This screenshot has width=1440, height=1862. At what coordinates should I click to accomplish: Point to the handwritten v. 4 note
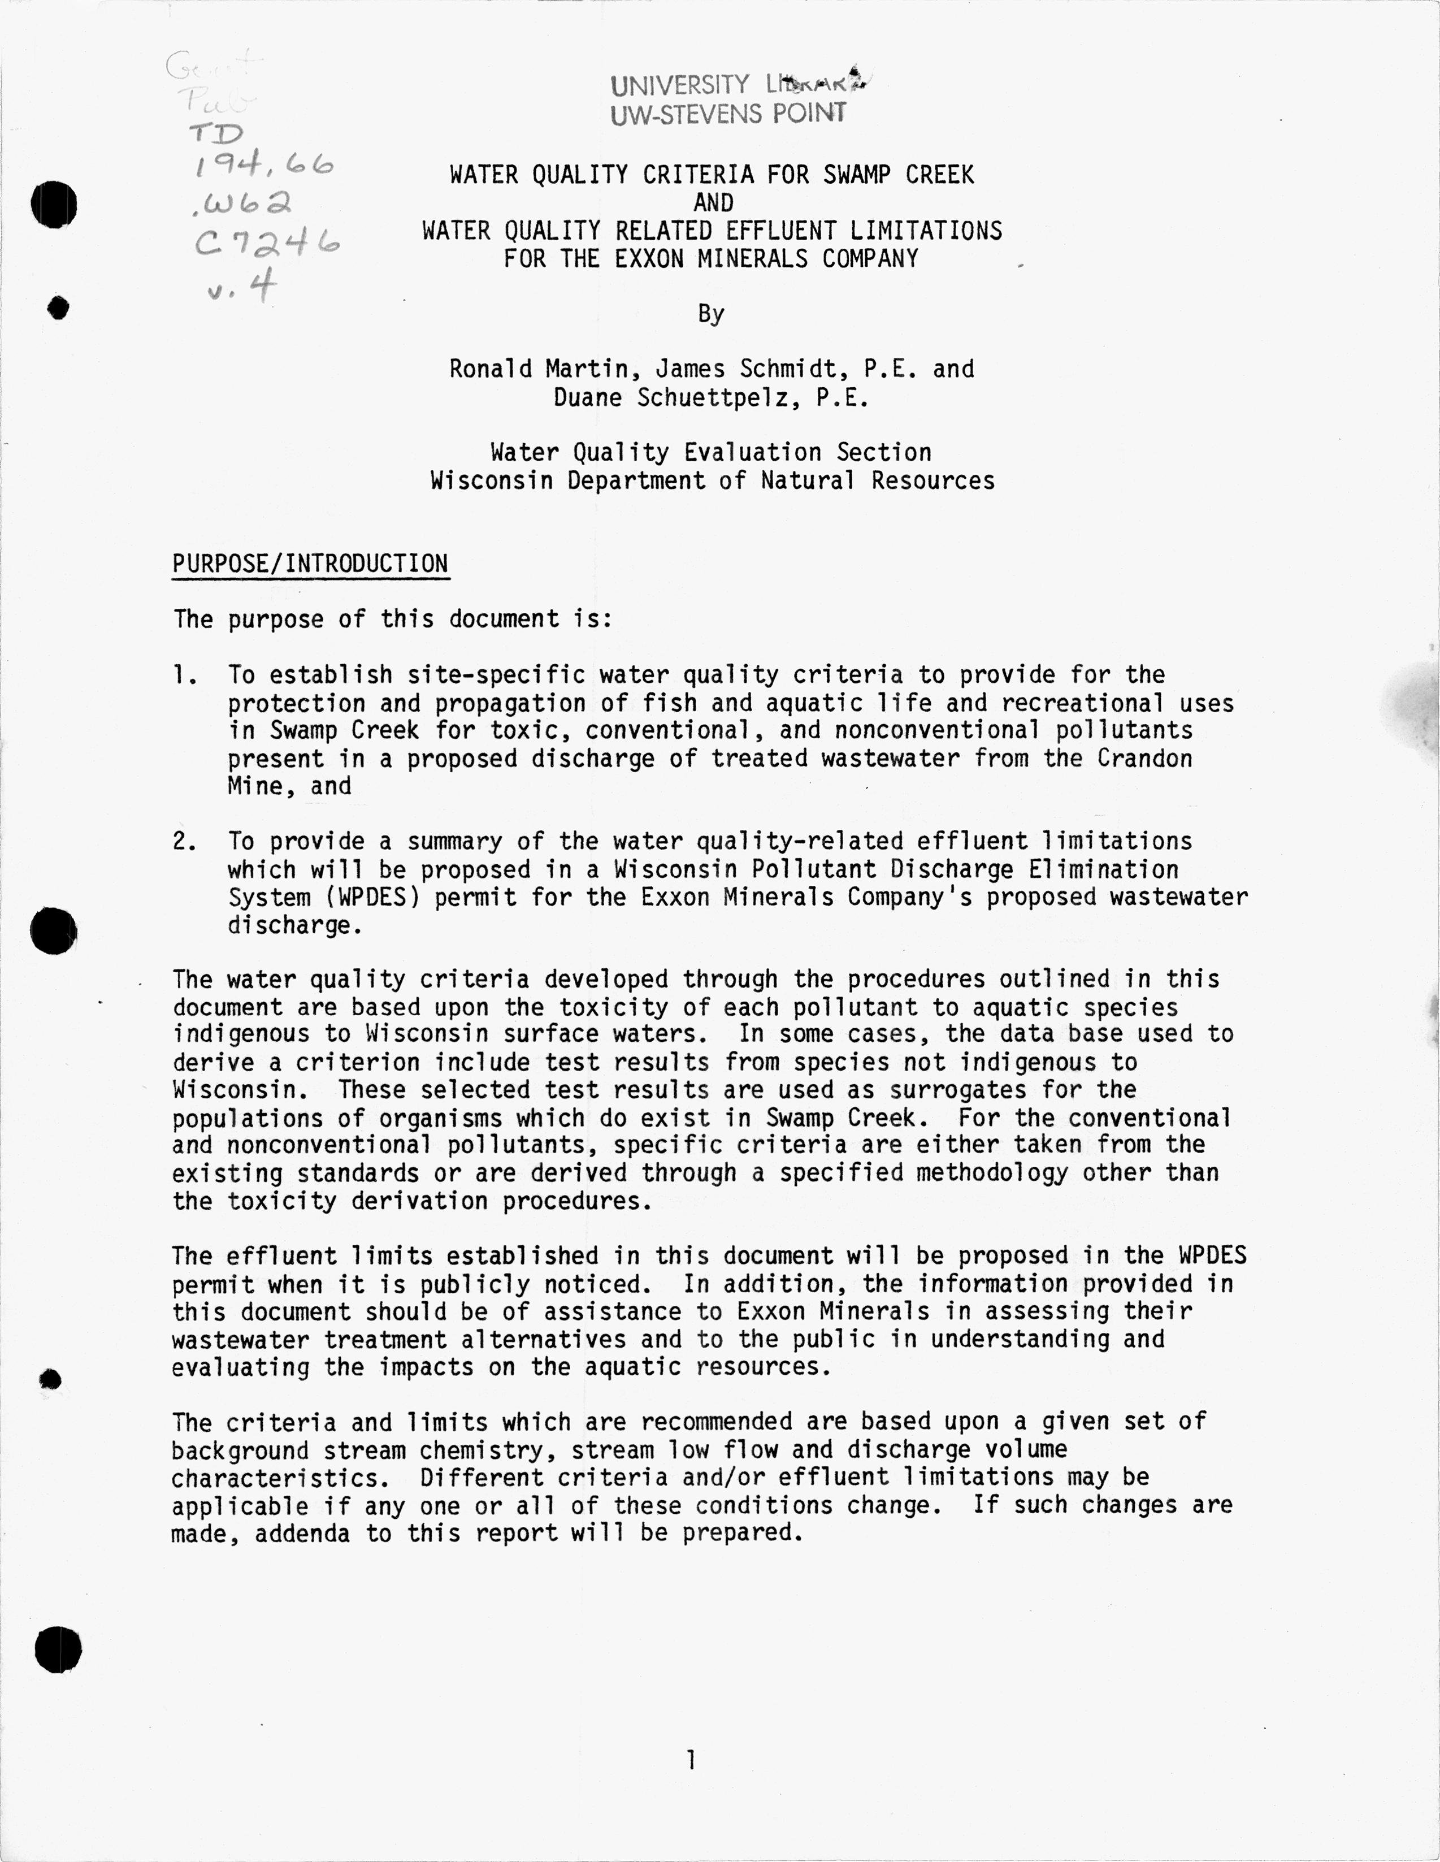[x=242, y=287]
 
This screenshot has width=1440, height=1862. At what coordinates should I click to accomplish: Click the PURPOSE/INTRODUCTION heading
[x=310, y=564]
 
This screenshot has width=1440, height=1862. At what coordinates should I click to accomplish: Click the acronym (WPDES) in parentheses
[x=366, y=897]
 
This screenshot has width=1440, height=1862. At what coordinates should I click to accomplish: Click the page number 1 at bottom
[x=691, y=1759]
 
